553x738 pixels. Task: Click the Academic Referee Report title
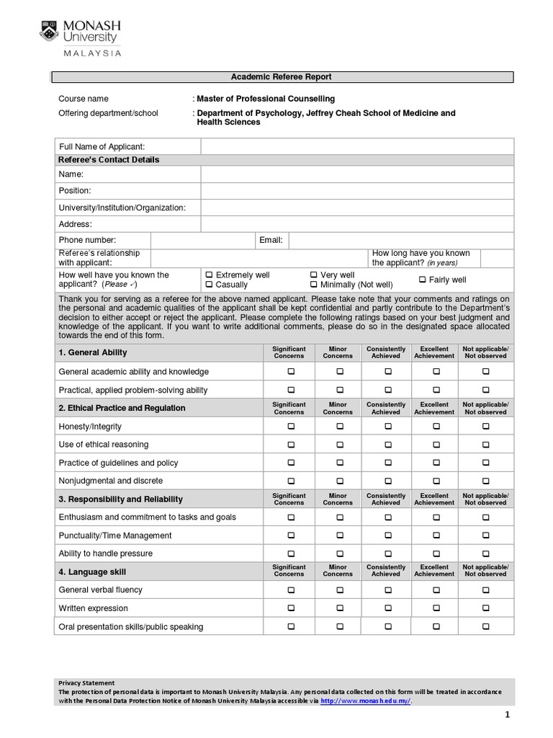(281, 77)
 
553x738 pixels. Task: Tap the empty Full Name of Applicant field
(357, 147)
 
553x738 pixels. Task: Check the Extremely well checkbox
(209, 275)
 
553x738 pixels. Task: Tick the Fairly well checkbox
(422, 280)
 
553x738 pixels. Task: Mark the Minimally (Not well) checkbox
(314, 285)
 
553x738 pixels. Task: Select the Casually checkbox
(209, 285)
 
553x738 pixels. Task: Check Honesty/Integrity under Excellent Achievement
(434, 427)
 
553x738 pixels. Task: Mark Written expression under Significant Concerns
(291, 608)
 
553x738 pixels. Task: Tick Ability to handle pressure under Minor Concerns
(339, 554)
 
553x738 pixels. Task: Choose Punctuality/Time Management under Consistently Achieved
(387, 535)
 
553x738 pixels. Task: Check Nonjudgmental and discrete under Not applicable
(486, 481)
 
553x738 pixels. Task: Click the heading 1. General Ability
(93, 352)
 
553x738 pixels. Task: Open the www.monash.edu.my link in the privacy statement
(365, 701)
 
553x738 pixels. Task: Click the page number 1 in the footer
(507, 715)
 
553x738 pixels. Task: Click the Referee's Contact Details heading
(109, 160)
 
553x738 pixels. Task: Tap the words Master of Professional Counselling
(266, 99)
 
